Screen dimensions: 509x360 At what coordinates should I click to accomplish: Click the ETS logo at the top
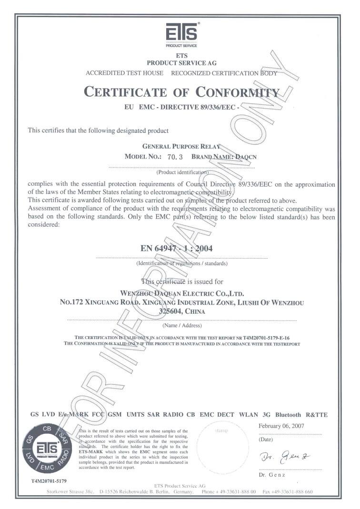tap(180, 34)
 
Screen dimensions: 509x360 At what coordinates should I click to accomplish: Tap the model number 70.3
tap(172, 156)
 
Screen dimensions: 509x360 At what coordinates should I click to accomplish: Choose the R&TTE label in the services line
tap(317, 415)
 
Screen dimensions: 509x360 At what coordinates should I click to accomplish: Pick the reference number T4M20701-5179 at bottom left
tap(49, 481)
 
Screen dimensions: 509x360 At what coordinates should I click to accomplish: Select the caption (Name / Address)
tap(182, 326)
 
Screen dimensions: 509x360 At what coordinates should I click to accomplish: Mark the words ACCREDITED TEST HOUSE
tap(124, 73)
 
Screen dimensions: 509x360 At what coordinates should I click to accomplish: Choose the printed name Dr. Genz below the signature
tap(271, 475)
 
